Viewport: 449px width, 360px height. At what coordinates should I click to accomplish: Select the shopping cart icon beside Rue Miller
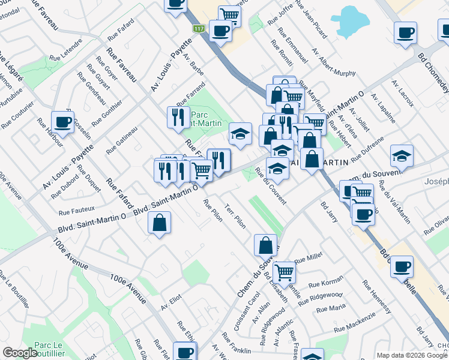(x=284, y=272)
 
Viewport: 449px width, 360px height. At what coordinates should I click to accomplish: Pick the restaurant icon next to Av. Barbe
(x=178, y=116)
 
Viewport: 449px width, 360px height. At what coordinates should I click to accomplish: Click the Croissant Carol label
(x=247, y=311)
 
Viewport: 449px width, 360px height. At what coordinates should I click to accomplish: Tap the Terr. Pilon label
(x=235, y=214)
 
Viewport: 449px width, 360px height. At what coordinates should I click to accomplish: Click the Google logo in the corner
(x=20, y=353)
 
